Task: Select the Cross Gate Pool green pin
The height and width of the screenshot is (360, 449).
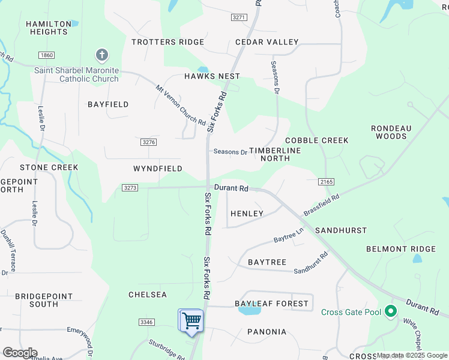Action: pos(391,311)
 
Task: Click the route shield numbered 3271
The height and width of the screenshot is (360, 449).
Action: pos(239,17)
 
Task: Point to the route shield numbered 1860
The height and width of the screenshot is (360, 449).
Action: pos(46,55)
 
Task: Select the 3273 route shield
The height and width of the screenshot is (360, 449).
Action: pos(130,188)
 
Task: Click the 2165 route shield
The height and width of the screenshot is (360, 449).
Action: pos(327,181)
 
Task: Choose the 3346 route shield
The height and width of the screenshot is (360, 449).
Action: pos(146,322)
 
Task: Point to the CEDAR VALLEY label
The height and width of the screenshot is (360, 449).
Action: pos(267,42)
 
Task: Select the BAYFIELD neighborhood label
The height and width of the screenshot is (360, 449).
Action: pos(108,104)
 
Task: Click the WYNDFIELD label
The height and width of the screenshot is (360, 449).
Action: pos(158,169)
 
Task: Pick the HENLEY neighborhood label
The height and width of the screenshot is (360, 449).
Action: pos(247,214)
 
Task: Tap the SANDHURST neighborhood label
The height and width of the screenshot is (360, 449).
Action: pos(340,230)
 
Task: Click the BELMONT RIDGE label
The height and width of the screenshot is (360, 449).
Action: pos(401,249)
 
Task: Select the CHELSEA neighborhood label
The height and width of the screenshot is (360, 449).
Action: pos(147,295)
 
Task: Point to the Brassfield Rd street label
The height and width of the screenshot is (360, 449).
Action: pos(321,204)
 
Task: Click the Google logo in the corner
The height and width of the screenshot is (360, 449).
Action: pos(20,353)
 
